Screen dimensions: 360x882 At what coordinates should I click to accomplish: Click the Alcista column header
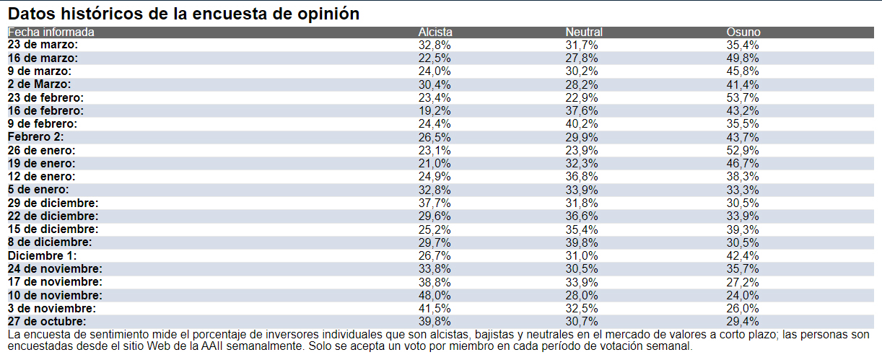click(x=435, y=32)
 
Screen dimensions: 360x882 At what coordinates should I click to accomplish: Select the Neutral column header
click(x=584, y=32)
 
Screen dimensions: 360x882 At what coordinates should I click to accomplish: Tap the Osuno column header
click(x=743, y=32)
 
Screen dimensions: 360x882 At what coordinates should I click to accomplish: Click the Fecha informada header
click(x=51, y=32)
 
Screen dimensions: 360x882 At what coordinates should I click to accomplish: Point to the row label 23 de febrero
click(x=45, y=97)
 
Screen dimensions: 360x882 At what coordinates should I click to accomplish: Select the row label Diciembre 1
click(x=43, y=255)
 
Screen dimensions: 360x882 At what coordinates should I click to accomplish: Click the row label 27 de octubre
click(x=47, y=321)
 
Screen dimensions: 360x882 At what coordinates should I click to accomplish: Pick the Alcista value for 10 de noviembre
click(x=435, y=295)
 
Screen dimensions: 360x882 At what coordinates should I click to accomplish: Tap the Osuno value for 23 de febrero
click(x=743, y=97)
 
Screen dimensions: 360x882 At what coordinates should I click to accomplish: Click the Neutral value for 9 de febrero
click(x=582, y=124)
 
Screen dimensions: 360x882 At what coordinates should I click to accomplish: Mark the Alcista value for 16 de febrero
click(x=435, y=111)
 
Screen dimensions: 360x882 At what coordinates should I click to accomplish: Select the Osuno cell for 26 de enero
click(x=743, y=150)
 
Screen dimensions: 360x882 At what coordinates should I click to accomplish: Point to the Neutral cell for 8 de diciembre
click(x=582, y=242)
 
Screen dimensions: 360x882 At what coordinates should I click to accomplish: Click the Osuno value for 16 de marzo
click(x=743, y=58)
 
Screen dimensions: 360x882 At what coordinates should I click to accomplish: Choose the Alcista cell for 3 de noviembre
click(x=435, y=308)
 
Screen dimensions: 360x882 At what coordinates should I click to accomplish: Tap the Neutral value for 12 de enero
click(x=582, y=177)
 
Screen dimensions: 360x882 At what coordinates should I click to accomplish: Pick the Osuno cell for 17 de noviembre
click(x=743, y=282)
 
